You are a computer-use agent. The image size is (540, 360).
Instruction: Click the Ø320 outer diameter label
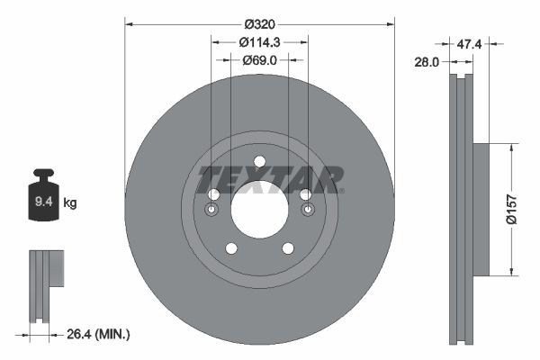click(x=259, y=26)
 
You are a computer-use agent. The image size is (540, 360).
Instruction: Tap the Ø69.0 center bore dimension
click(x=259, y=60)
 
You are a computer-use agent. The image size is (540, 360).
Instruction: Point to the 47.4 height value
click(x=469, y=42)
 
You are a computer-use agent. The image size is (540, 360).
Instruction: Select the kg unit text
click(x=69, y=203)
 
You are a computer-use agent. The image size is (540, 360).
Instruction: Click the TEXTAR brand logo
click(x=270, y=179)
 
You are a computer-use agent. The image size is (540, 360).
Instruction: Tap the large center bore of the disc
click(x=259, y=210)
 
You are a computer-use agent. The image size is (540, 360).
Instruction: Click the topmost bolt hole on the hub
click(x=259, y=162)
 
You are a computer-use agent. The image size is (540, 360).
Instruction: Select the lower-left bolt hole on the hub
click(x=231, y=248)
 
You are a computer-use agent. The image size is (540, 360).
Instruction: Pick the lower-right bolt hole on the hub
click(x=288, y=248)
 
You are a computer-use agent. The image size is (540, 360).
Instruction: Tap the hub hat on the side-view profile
click(x=479, y=209)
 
